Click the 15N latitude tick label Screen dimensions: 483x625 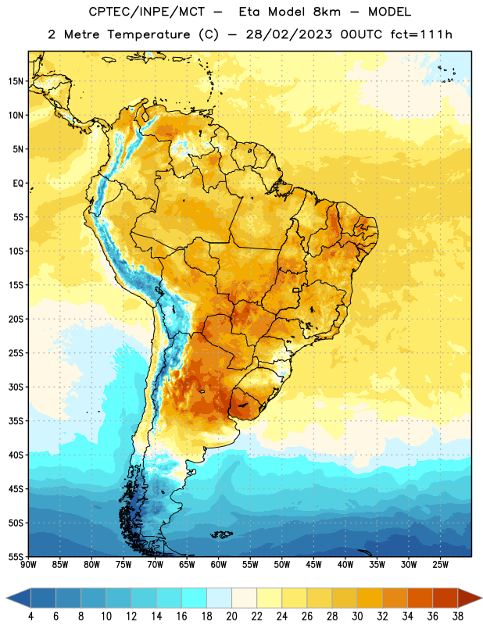16,81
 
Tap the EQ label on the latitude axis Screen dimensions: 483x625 18,184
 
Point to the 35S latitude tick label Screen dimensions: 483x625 16,421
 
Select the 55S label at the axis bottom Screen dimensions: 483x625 16,557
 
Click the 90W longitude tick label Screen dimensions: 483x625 28,565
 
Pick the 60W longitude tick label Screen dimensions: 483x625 219,565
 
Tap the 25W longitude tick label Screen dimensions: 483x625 440,565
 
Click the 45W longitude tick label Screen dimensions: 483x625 313,565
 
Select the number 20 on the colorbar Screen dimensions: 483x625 231,616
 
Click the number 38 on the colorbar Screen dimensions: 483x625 458,616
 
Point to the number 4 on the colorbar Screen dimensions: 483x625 30,616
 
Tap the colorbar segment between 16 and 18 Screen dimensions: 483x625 195,598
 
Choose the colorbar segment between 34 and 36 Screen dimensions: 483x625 420,598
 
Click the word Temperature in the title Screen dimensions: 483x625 148,34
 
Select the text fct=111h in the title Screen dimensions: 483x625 421,34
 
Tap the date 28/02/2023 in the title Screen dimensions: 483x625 288,34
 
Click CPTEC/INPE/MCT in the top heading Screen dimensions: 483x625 146,12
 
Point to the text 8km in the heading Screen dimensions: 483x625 327,12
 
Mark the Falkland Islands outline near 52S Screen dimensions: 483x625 221,534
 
